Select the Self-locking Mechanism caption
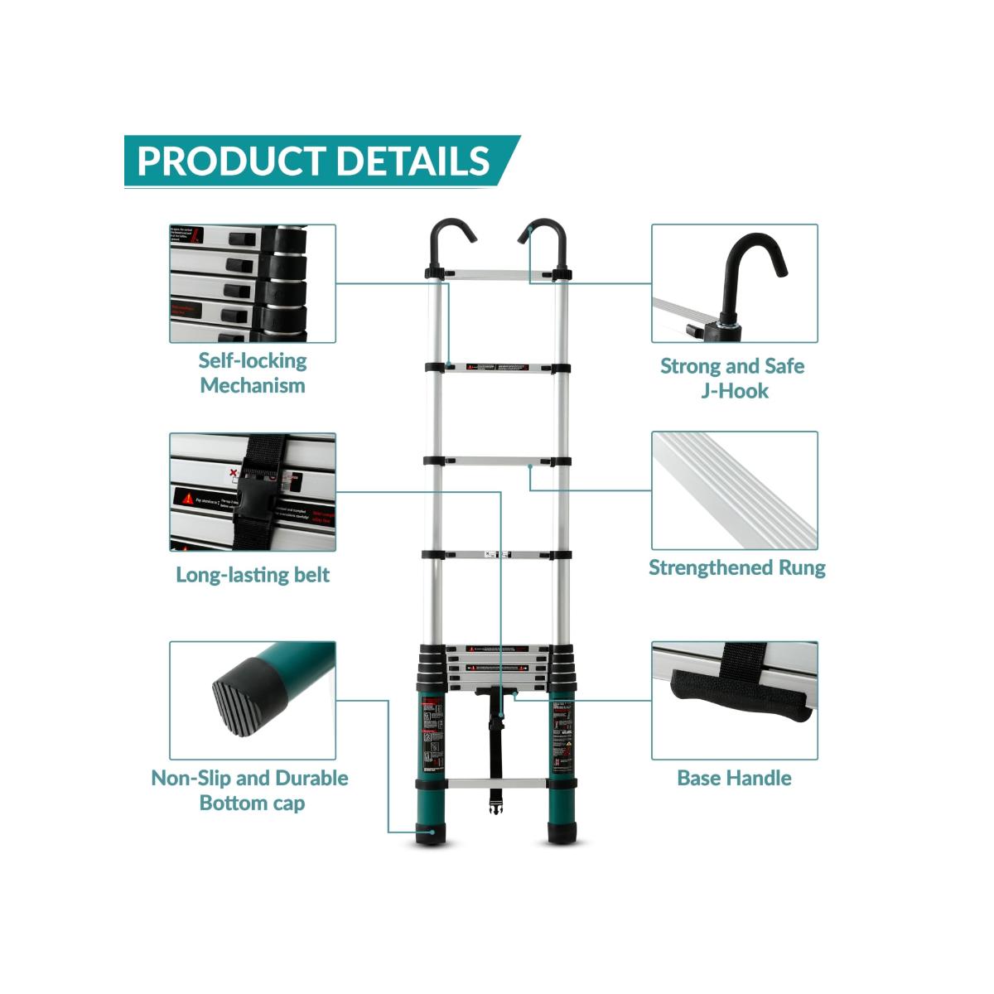click(x=253, y=373)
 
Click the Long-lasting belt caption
click(x=253, y=575)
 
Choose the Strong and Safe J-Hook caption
click(x=733, y=378)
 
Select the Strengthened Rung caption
click(x=736, y=568)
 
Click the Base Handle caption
click(x=734, y=778)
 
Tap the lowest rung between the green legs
click(x=497, y=783)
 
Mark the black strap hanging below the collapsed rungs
click(x=497, y=745)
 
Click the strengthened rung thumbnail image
click(x=734, y=490)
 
